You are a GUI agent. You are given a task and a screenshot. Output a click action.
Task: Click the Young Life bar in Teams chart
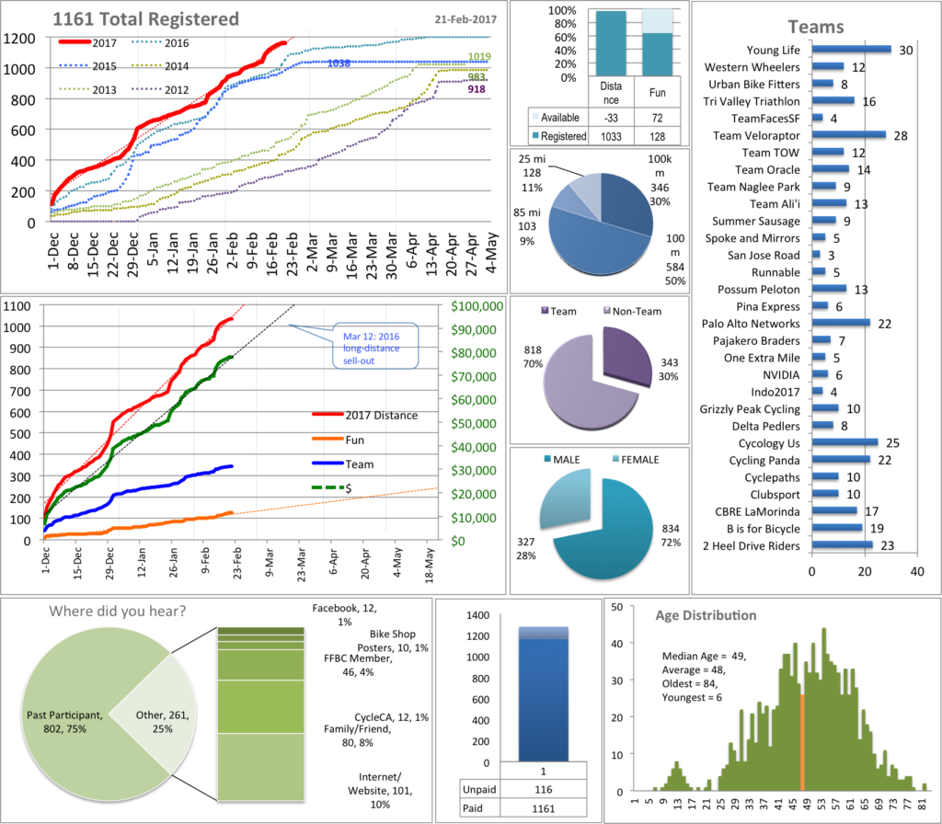tap(852, 50)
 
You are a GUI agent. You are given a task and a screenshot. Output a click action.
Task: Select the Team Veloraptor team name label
tap(757, 135)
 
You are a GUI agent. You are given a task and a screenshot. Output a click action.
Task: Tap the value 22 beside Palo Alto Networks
tap(884, 324)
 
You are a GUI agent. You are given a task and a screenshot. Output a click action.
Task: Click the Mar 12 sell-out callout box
tap(374, 346)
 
